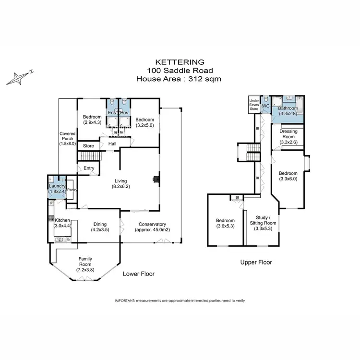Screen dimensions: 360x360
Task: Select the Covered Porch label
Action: [68, 138]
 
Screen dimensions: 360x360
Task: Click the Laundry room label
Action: [57, 186]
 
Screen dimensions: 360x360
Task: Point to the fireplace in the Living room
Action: [155, 180]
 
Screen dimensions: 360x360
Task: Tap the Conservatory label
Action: [152, 224]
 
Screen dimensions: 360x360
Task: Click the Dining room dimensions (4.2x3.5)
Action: [99, 229]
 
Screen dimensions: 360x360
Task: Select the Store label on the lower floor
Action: [88, 146]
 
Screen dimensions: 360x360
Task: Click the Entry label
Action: [89, 168]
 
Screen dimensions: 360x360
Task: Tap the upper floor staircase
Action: [252, 155]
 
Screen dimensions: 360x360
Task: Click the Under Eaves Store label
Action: [253, 105]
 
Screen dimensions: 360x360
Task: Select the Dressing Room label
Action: [288, 136]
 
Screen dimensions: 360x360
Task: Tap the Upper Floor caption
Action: [256, 263]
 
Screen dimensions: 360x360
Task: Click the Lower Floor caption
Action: [139, 274]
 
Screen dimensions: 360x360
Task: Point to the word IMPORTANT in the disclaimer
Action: [125, 300]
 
